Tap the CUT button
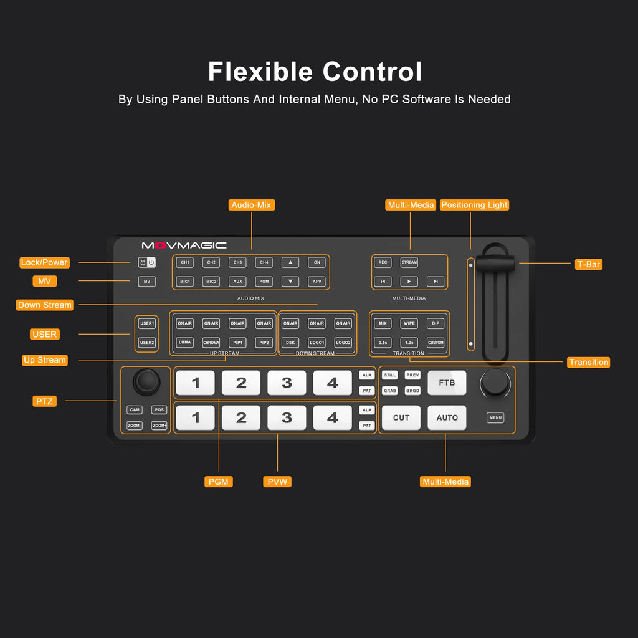click(x=401, y=417)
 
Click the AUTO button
click(x=447, y=417)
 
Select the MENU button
click(x=495, y=417)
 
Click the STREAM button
click(x=409, y=262)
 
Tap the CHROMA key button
click(x=211, y=343)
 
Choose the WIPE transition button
click(x=409, y=323)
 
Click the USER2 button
click(x=147, y=343)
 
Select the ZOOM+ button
click(x=159, y=426)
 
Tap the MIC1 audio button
click(x=184, y=282)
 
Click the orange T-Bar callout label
click(x=588, y=264)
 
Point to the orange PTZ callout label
click(x=44, y=401)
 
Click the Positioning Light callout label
click(x=474, y=205)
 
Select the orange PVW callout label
click(x=277, y=482)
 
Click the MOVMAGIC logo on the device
click(x=184, y=245)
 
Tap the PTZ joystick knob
click(x=146, y=382)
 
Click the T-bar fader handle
click(x=495, y=264)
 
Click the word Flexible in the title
click(x=260, y=72)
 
